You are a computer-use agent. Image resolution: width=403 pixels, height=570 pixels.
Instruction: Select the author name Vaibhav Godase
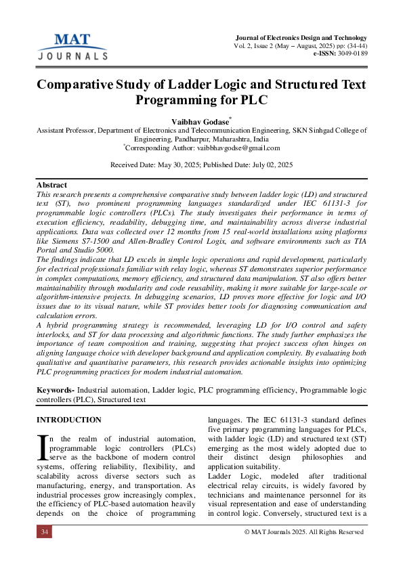point(200,120)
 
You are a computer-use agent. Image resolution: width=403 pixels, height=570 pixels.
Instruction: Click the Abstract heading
point(51,185)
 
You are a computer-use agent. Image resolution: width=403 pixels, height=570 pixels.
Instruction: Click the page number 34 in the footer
point(45,532)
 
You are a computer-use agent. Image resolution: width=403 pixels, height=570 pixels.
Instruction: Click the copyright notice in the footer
point(303,532)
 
